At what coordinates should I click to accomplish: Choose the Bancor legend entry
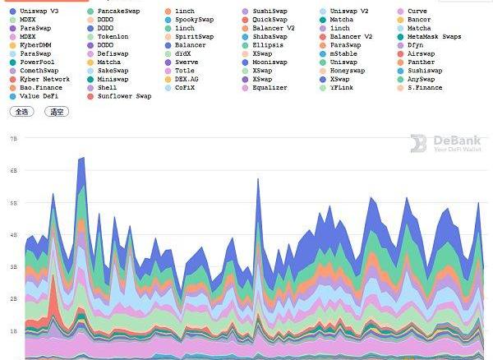[x=418, y=20]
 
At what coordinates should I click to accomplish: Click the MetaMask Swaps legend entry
[x=433, y=37]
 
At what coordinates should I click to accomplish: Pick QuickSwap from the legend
[x=270, y=20]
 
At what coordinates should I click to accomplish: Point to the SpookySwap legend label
[x=194, y=20]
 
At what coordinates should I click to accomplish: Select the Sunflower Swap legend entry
[x=123, y=96]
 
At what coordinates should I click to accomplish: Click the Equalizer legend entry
[x=270, y=87]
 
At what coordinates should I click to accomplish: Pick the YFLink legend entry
[x=342, y=87]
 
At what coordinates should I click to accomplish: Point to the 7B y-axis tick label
[x=13, y=139]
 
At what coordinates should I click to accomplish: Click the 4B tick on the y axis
[x=13, y=235]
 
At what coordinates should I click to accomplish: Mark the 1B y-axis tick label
[x=13, y=331]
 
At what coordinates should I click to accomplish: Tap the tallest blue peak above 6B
[x=81, y=158]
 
